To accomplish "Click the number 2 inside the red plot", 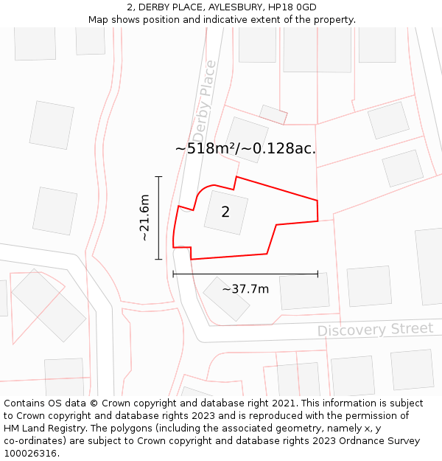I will [225, 212].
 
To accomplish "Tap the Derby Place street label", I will [204, 101].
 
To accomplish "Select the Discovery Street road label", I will [375, 329].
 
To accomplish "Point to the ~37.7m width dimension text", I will [245, 288].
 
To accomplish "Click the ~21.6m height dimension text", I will [144, 218].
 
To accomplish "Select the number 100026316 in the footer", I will [29, 453].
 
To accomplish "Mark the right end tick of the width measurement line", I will [318, 274].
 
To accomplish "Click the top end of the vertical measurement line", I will [158, 177].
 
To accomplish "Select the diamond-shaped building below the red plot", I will [226, 298].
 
